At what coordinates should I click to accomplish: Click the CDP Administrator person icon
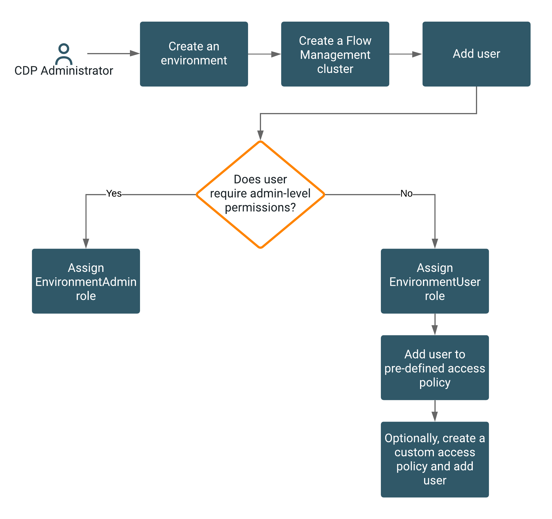point(64,54)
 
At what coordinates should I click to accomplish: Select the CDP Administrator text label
point(64,71)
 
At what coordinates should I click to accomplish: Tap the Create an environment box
point(194,54)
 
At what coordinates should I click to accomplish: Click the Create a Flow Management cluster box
point(335,54)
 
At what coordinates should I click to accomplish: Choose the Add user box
point(476,54)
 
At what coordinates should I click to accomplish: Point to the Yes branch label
point(114,193)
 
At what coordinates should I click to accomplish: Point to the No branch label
point(407,193)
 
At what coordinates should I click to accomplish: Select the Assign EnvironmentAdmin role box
point(86,281)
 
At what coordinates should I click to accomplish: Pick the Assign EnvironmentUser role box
point(435,281)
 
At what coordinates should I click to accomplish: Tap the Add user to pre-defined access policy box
point(435,368)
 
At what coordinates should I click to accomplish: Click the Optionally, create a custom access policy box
point(435,460)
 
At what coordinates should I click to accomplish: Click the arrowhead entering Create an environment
point(135,53)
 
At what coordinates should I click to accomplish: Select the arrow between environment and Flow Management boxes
point(264,54)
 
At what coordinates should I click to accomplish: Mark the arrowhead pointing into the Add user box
point(417,54)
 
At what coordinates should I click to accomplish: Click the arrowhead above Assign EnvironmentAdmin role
point(86,243)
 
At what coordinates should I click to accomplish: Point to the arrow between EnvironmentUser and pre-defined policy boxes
point(435,325)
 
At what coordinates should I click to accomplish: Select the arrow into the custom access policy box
point(435,411)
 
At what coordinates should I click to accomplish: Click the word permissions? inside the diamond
point(260,208)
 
